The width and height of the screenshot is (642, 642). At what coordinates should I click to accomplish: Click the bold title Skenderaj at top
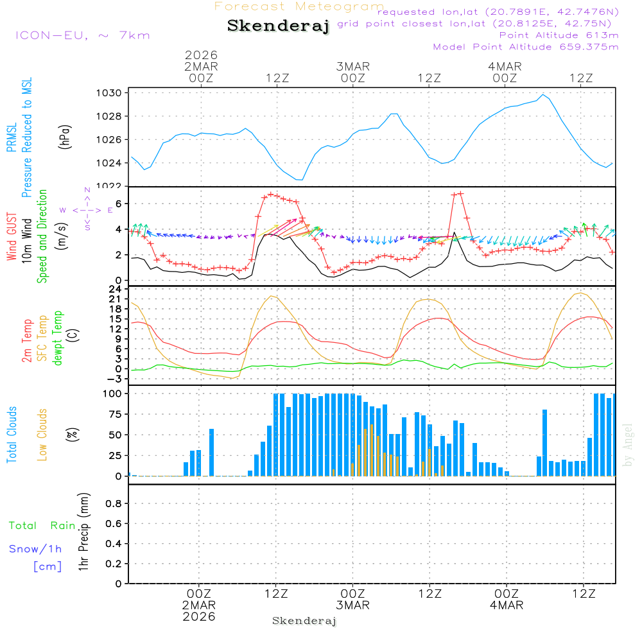pos(278,26)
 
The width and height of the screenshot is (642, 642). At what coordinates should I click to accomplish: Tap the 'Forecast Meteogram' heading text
pos(299,6)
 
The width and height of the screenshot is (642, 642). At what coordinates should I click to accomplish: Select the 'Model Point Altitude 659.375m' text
pos(525,47)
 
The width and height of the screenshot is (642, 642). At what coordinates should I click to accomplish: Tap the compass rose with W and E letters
pos(87,210)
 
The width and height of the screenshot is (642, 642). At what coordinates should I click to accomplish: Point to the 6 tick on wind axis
pos(118,204)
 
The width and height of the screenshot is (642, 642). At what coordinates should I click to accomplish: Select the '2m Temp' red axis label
pos(27,340)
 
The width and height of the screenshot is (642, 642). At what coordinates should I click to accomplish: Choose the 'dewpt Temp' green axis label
pos(58,338)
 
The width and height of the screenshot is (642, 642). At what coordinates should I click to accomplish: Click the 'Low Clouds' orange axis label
pos(42,435)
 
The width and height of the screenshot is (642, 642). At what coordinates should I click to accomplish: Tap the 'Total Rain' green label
pos(42,526)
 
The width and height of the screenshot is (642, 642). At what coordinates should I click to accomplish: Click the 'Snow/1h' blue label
pos(35,550)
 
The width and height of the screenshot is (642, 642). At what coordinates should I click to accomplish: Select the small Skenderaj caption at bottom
pos(304,621)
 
